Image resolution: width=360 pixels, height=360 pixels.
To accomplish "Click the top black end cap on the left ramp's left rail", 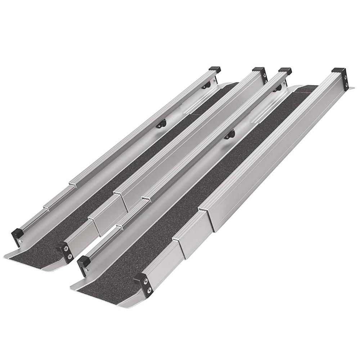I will coord(215,68).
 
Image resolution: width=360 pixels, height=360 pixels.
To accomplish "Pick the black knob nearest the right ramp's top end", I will coord(277,89).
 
